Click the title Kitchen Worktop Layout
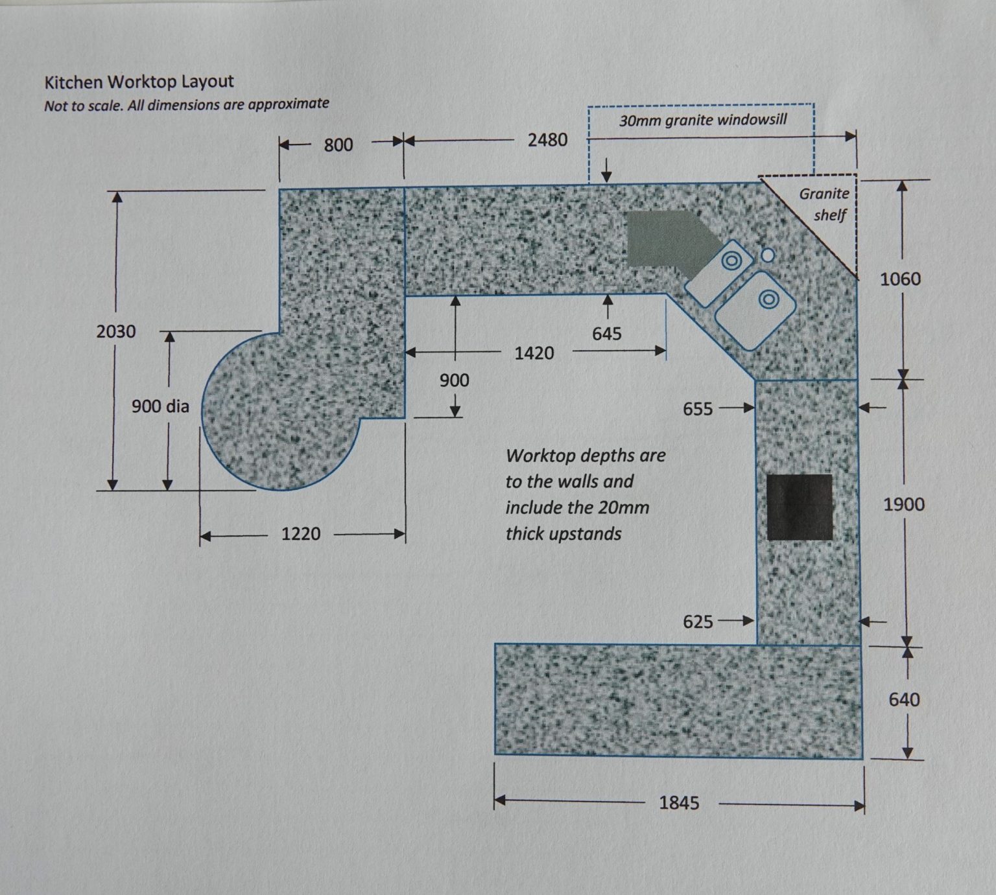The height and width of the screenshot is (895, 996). pyautogui.click(x=139, y=82)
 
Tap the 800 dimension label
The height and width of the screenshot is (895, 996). pyautogui.click(x=338, y=145)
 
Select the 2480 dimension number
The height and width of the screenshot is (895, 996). pyautogui.click(x=547, y=140)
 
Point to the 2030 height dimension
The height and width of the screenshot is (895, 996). pyautogui.click(x=116, y=332)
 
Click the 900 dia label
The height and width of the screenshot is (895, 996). pyautogui.click(x=160, y=406)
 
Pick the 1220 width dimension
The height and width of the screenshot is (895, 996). pyautogui.click(x=301, y=534)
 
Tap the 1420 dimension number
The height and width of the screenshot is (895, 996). pyautogui.click(x=534, y=353)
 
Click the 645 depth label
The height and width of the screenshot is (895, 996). pyautogui.click(x=607, y=334)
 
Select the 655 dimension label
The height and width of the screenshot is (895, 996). pyautogui.click(x=698, y=409)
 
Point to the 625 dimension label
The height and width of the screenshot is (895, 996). pyautogui.click(x=698, y=622)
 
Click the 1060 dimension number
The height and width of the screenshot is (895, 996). pyautogui.click(x=900, y=279)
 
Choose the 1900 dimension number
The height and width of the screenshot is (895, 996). pyautogui.click(x=904, y=504)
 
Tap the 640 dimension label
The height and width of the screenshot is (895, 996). pyautogui.click(x=904, y=700)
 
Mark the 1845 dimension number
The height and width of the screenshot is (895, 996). pyautogui.click(x=679, y=803)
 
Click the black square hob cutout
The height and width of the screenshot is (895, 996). pyautogui.click(x=800, y=507)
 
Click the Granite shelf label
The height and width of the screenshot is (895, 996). pyautogui.click(x=825, y=203)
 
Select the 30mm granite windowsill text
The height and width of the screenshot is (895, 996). pyautogui.click(x=703, y=120)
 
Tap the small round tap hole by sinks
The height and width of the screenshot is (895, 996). pyautogui.click(x=768, y=255)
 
